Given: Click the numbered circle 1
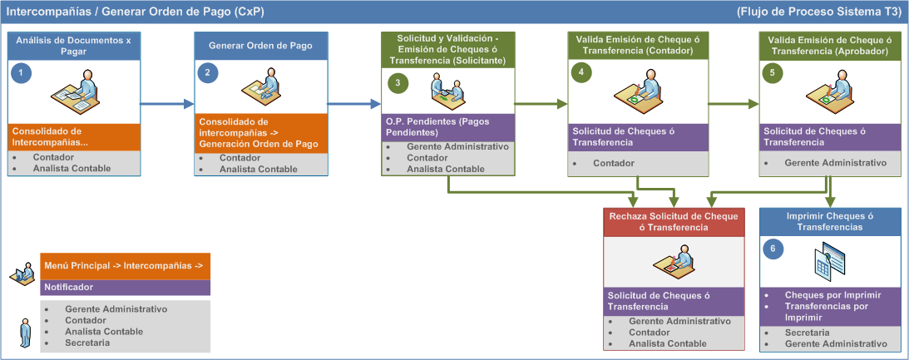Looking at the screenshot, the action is pyautogui.click(x=21, y=73).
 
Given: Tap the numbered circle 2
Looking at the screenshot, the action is pyautogui.click(x=208, y=73).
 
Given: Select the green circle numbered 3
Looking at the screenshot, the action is pyautogui.click(x=398, y=83).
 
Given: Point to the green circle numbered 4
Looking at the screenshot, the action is pyautogui.click(x=581, y=73).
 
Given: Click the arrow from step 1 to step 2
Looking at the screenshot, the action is pyautogui.click(x=167, y=104).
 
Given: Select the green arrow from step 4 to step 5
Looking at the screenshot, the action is pyautogui.click(x=734, y=104).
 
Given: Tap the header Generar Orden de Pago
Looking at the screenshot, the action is pyautogui.click(x=260, y=46).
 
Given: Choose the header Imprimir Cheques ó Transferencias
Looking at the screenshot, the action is pyautogui.click(x=830, y=222).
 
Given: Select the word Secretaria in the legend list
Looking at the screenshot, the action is pyautogui.click(x=87, y=343).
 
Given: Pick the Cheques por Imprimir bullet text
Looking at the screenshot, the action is pyautogui.click(x=833, y=295).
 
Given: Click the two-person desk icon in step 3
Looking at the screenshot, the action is pyautogui.click(x=447, y=88).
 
